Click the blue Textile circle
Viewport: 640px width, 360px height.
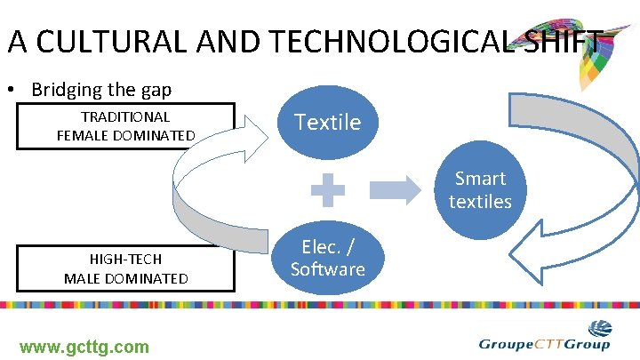pyautogui.click(x=328, y=122)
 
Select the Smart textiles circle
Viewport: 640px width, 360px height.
pyautogui.click(x=480, y=190)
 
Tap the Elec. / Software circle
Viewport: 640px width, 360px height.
pyautogui.click(x=328, y=258)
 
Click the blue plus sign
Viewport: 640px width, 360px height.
pyautogui.click(x=328, y=190)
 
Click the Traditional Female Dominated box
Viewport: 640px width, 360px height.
pyautogui.click(x=125, y=126)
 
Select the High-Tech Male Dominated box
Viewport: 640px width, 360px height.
pyautogui.click(x=125, y=268)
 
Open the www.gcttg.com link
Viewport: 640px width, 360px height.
pyautogui.click(x=84, y=347)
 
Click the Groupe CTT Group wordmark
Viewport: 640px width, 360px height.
pyautogui.click(x=544, y=345)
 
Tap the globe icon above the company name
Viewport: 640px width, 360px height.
pyautogui.click(x=600, y=327)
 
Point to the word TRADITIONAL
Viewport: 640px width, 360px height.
pyautogui.click(x=125, y=116)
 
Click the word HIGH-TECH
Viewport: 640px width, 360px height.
pyautogui.click(x=125, y=259)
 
